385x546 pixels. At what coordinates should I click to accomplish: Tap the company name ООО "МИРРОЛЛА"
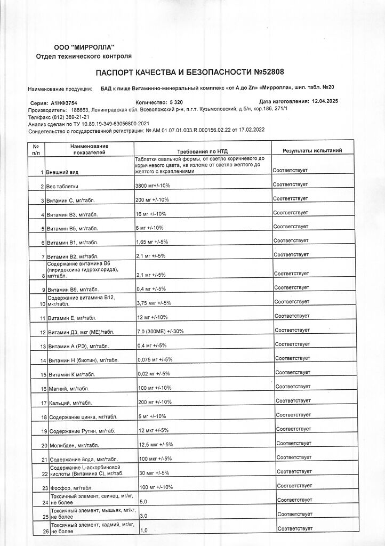(x=84, y=49)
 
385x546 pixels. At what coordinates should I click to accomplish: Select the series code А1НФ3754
(x=64, y=101)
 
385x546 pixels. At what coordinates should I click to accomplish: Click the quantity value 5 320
(x=175, y=101)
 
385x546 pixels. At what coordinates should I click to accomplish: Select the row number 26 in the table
(x=45, y=531)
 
